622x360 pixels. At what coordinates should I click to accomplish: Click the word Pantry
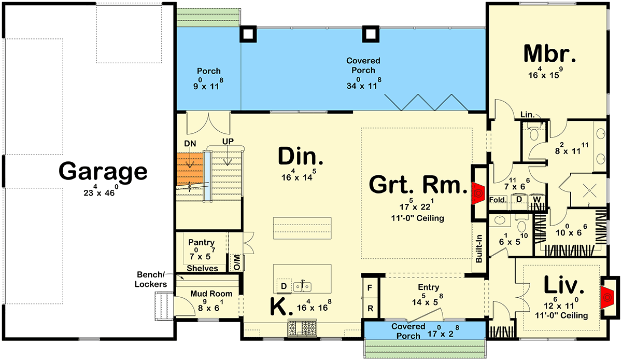tap(201, 242)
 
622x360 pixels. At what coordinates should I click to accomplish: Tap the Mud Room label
tap(210, 294)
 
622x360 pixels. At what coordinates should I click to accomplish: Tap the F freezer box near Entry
tap(370, 286)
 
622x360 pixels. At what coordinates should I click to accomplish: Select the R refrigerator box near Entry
tap(370, 307)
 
